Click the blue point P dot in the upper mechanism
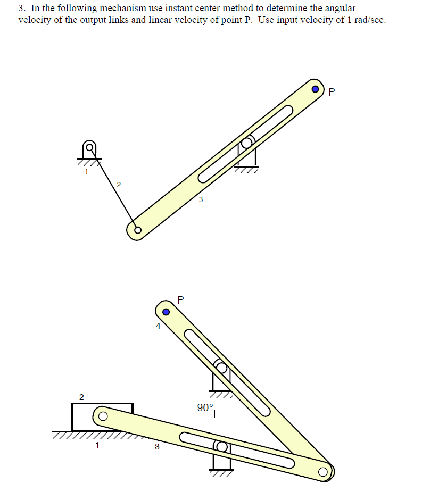316,89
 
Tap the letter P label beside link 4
180,299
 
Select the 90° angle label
204,408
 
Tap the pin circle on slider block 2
103,415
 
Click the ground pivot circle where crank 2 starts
90,147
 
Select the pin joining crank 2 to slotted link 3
137,230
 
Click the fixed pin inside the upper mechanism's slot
246,144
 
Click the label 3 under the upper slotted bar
200,200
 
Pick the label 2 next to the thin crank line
118,185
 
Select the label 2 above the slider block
81,397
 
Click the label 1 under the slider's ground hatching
97,446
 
